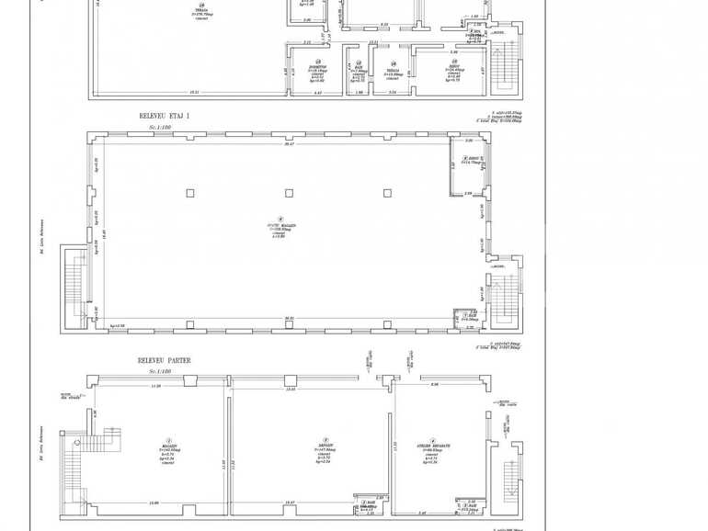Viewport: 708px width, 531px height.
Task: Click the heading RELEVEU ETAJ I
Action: tap(164, 117)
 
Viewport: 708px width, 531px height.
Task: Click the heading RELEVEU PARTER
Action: tap(165, 361)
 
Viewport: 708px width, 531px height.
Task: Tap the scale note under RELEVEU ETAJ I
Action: tap(160, 126)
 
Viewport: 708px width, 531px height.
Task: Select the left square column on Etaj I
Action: tap(190, 193)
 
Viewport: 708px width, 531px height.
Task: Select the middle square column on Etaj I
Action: tap(289, 193)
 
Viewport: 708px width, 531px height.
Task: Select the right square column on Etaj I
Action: tap(387, 193)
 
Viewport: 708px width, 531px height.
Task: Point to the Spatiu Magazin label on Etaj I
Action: tap(277, 230)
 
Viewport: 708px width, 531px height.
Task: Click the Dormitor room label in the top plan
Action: tap(317, 67)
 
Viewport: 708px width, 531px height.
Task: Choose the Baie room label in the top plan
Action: tap(358, 70)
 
